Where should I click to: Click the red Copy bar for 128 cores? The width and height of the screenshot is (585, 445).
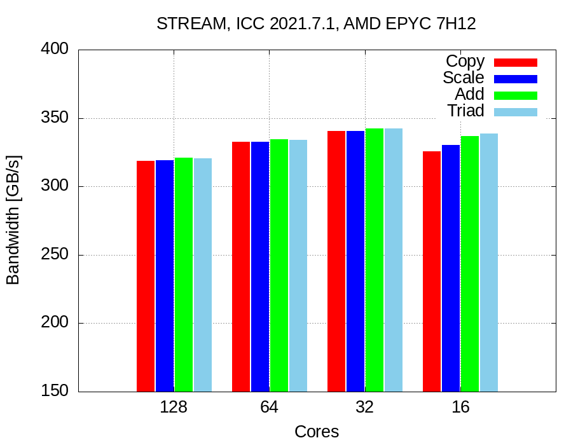(146, 276)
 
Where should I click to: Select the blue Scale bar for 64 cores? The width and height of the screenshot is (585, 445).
(260, 266)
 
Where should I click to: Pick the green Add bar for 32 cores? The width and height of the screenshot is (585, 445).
(375, 260)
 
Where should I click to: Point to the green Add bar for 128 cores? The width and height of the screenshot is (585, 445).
(184, 275)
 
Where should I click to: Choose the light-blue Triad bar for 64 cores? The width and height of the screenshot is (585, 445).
(298, 266)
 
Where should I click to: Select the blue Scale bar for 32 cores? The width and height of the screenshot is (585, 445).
(355, 261)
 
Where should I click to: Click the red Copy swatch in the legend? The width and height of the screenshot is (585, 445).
(516, 62)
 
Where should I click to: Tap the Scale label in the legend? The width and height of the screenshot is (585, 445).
(464, 78)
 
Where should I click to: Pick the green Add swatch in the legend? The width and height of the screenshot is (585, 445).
(516, 95)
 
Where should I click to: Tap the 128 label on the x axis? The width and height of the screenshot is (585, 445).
(174, 407)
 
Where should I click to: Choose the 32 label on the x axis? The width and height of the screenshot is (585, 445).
(364, 407)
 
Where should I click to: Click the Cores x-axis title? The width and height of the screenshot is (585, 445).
(317, 432)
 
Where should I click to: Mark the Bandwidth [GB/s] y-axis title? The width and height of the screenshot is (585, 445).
(13, 220)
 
